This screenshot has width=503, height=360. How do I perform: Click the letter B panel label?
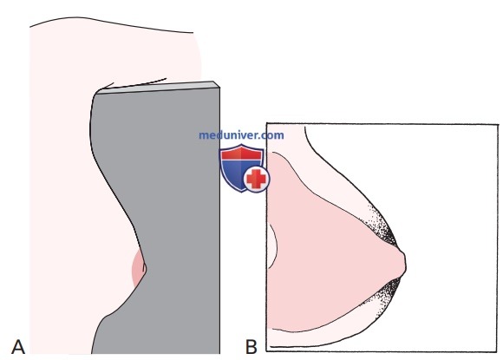pos(251,347)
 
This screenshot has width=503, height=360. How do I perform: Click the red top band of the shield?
pos(242,154)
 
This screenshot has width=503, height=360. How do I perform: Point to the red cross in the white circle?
pos(256,180)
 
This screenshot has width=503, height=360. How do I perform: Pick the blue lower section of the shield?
pos(236,173)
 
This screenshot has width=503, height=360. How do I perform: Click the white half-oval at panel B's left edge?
pos(272,246)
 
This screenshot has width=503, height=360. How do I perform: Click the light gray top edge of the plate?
pos(157,88)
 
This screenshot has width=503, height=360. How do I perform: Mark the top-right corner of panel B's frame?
pos(498,125)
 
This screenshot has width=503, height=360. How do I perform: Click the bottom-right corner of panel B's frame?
pos(498,351)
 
